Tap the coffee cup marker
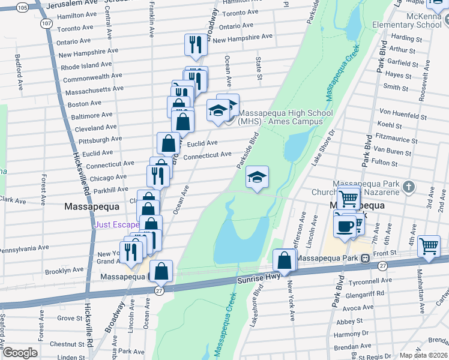pyautogui.click(x=345, y=226)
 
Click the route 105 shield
pyautogui.click(x=22, y=7)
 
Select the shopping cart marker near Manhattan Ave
pyautogui.click(x=429, y=245)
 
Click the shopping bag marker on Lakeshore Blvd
pyautogui.click(x=284, y=260)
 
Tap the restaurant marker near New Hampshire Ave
pyautogui.click(x=196, y=44)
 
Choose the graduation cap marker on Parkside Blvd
pyautogui.click(x=257, y=177)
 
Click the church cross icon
pyautogui.click(x=410, y=187)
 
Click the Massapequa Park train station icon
pyautogui.click(x=364, y=258)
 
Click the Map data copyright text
pyautogui.click(x=424, y=355)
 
